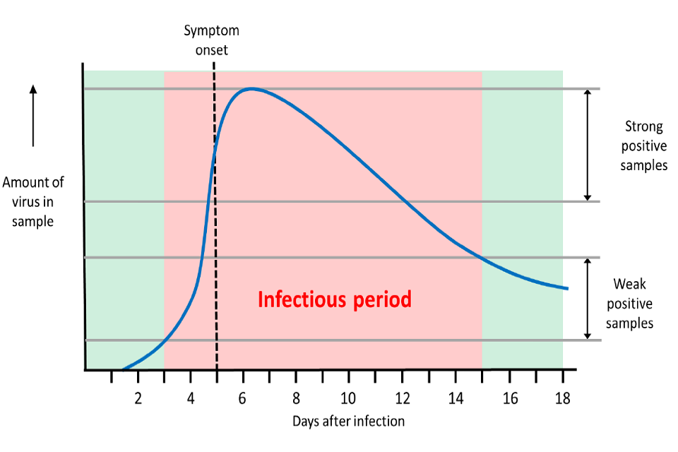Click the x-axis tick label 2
pos(138,397)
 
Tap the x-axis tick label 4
pos(191,397)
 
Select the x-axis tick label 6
pos(243,397)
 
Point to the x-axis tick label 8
pos(296,397)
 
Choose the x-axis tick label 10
pos(348,397)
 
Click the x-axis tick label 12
pos(402,397)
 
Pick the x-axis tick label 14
pos(456,397)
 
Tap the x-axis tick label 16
pos(509,397)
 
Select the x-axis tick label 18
pos(562,397)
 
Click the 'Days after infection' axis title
pos(349,422)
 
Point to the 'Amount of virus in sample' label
pos(32,201)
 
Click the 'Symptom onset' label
pos(211,40)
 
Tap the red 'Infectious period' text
pos(334,299)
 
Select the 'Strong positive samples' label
pos(643,146)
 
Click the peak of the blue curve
pos(251,88)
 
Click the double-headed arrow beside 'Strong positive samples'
pos(586,145)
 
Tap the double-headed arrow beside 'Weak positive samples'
pos(586,299)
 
